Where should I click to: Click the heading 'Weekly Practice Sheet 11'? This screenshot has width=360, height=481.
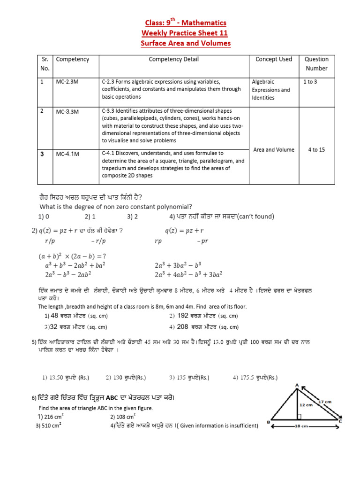click(185, 33)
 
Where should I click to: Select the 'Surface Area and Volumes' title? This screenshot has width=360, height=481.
click(186, 44)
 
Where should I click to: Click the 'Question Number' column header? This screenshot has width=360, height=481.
click(316, 64)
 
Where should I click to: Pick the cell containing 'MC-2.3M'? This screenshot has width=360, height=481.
click(67, 82)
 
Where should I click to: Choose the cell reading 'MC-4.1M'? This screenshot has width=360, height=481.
click(67, 153)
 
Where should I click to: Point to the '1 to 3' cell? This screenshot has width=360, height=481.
click(310, 82)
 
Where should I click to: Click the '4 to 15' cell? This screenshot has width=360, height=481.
click(316, 149)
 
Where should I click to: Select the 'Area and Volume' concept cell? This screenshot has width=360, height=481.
click(274, 149)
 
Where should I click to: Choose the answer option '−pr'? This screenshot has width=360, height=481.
click(202, 241)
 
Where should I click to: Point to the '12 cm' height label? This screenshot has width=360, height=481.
click(307, 403)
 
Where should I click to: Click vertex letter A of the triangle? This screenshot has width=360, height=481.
click(297, 386)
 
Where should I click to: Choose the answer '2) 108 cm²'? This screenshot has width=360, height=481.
click(123, 417)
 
